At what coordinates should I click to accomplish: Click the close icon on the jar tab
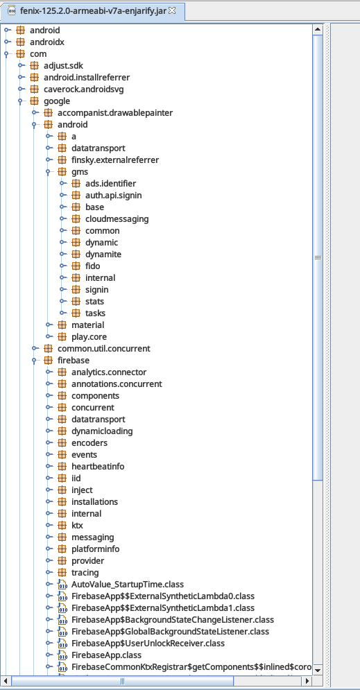(172, 10)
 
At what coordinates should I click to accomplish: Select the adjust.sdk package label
(62, 66)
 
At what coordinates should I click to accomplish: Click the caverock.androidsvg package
(84, 89)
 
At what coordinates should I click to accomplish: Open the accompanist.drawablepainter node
(115, 112)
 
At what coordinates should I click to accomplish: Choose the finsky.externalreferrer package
(115, 159)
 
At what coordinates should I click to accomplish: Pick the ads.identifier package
(111, 184)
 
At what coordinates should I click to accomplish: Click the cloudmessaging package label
(117, 218)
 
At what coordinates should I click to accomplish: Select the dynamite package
(103, 255)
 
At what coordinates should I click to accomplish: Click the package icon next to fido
(76, 266)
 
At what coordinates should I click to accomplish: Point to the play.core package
(89, 336)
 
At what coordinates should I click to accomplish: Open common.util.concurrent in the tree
(104, 349)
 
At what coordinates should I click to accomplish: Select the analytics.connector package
(109, 372)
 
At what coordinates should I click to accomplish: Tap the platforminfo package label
(96, 549)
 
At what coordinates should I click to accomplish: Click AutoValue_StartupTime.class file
(128, 585)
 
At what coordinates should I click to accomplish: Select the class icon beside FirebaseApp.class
(62, 655)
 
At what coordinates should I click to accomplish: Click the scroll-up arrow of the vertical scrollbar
(317, 30)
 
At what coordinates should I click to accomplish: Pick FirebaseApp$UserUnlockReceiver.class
(148, 644)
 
